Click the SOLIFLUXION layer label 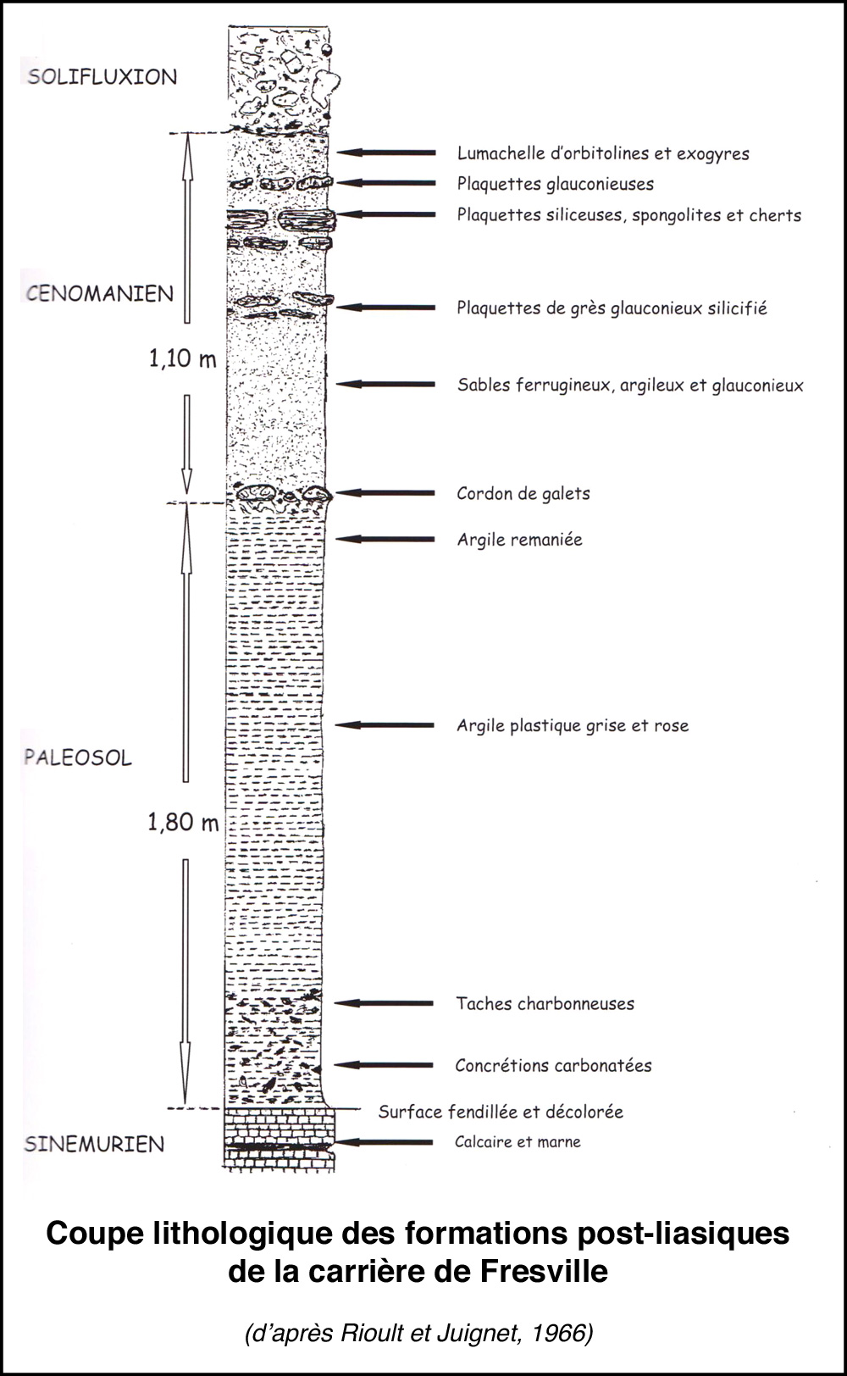tap(102, 77)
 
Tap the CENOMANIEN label tap(100, 294)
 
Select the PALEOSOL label tap(78, 757)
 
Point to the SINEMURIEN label tap(94, 1145)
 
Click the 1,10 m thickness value tap(183, 359)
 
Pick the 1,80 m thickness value tap(183, 822)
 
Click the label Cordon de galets tap(523, 494)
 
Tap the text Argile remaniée tap(519, 540)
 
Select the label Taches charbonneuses tap(545, 1004)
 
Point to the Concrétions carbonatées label tap(553, 1066)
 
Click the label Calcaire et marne tap(518, 1142)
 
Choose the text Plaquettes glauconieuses tap(555, 184)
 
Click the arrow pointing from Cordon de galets tap(385, 493)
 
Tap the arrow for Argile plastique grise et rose tap(385, 725)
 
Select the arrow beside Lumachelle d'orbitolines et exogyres tap(386, 153)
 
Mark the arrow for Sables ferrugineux tap(386, 385)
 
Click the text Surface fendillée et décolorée tap(501, 1112)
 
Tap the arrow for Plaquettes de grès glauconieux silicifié tap(386, 308)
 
